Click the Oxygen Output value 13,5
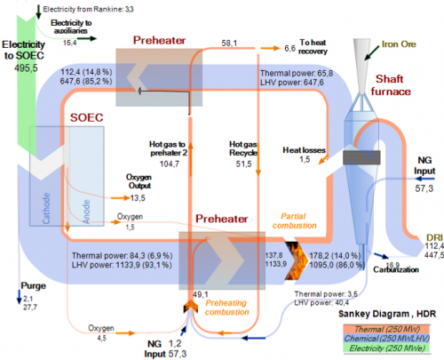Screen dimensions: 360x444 [139, 198]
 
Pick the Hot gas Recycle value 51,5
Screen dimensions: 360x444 [242, 164]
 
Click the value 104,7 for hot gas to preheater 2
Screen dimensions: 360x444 [171, 164]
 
